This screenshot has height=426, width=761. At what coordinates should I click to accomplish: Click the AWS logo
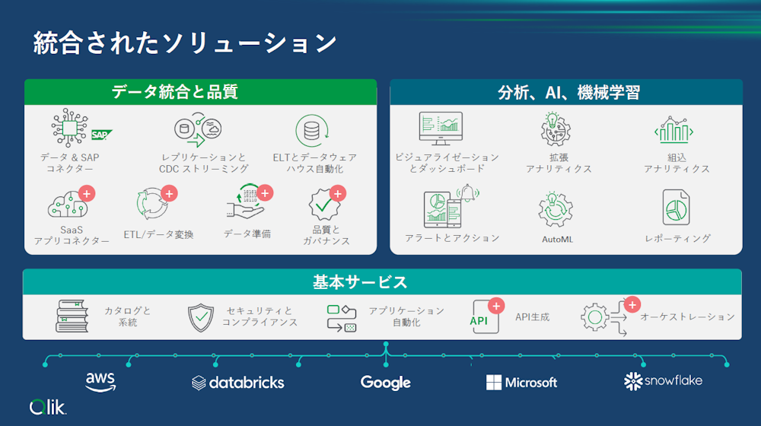100,381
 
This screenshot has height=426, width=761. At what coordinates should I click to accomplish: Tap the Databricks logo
238,382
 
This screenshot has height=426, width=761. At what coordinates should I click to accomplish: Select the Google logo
385,383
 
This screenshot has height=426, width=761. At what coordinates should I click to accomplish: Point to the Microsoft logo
522,382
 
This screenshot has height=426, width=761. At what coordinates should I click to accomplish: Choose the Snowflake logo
663,380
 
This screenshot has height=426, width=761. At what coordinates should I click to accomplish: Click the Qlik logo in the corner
48,407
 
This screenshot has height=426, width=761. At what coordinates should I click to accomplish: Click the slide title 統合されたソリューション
185,43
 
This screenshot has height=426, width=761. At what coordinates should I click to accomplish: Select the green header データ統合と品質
200,92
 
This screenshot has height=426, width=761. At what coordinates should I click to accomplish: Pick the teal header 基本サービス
360,282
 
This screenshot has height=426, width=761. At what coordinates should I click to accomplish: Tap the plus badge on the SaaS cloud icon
87,193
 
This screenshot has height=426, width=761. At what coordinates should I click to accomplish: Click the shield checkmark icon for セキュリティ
201,317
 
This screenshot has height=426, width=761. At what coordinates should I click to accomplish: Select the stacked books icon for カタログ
72,316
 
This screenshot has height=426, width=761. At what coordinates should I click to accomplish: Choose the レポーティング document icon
676,207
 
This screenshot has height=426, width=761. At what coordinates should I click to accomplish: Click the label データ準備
247,234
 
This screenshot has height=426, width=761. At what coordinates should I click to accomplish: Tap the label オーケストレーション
687,317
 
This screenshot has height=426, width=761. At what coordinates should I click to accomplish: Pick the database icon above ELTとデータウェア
311,131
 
